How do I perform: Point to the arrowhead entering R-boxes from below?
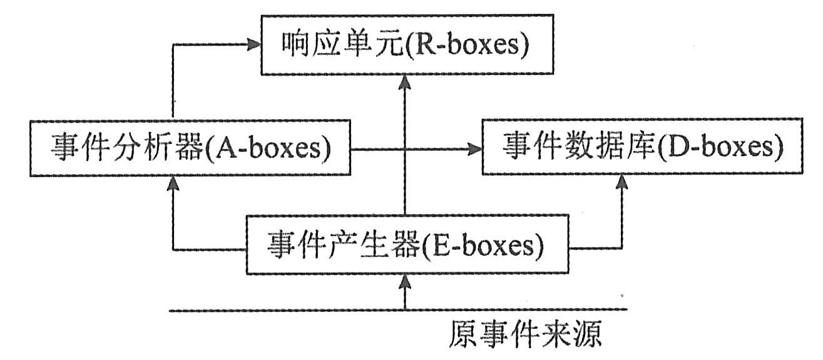coord(406,80)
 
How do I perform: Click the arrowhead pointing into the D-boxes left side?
coord(476,150)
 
